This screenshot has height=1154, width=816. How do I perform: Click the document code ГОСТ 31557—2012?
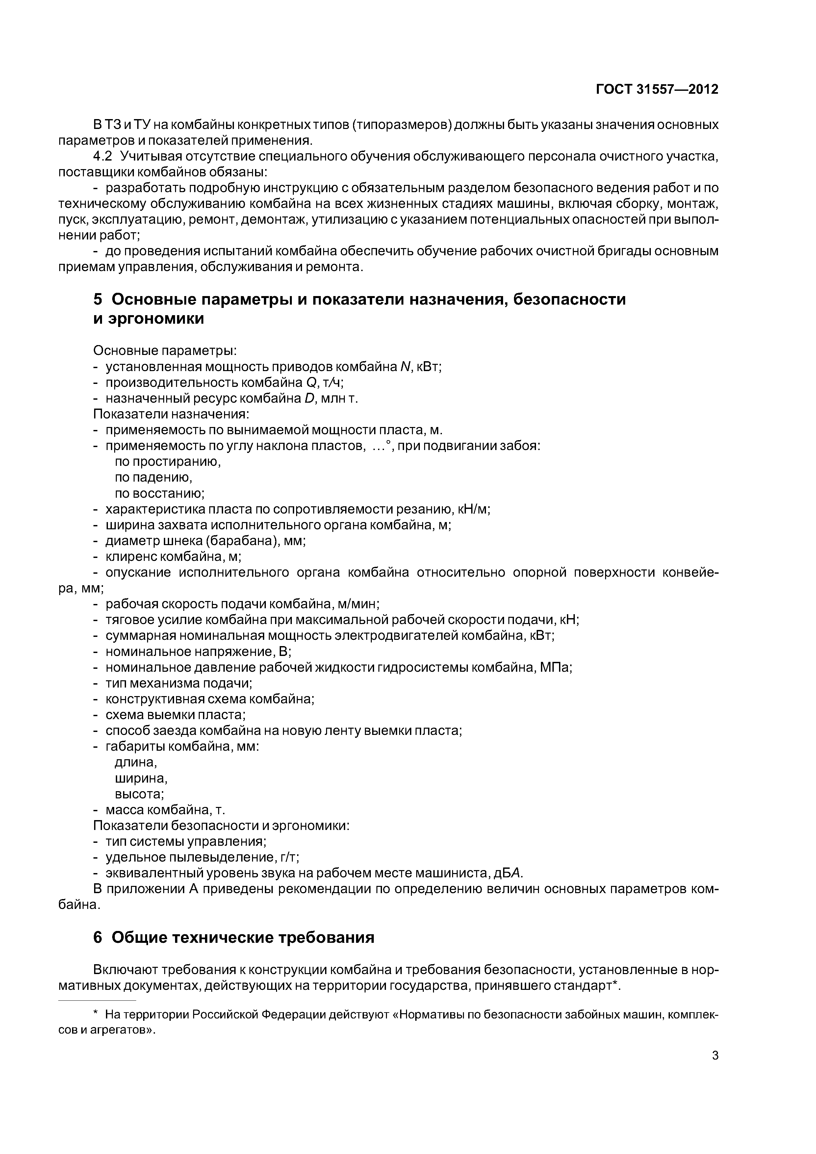click(657, 89)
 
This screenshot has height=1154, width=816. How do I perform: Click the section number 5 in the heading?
click(98, 300)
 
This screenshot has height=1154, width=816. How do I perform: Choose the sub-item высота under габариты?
click(139, 794)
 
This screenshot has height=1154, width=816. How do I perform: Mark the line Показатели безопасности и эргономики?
click(221, 826)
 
